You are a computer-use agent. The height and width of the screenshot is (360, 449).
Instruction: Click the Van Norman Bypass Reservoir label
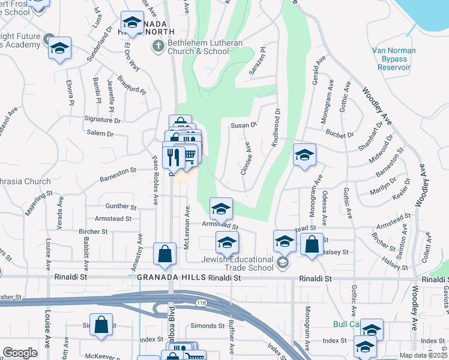point(394,59)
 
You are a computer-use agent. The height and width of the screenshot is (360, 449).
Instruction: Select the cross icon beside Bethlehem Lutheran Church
point(158,46)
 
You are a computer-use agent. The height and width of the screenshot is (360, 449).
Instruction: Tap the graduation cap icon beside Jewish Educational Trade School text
point(283,263)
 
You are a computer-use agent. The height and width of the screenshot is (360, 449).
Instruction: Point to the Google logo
point(20,353)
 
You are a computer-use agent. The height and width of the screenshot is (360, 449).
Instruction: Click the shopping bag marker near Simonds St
point(102,326)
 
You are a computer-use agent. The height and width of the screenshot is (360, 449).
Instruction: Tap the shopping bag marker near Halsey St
point(312,244)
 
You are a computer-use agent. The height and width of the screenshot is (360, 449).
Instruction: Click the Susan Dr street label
point(244,125)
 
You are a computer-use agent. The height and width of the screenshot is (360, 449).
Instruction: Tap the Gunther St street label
point(121,206)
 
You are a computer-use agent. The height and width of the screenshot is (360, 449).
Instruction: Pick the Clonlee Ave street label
point(245,158)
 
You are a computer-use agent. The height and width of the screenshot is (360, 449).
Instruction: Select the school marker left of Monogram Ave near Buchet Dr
point(304,155)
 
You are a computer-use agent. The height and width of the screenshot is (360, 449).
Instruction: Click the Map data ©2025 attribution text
point(423,355)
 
